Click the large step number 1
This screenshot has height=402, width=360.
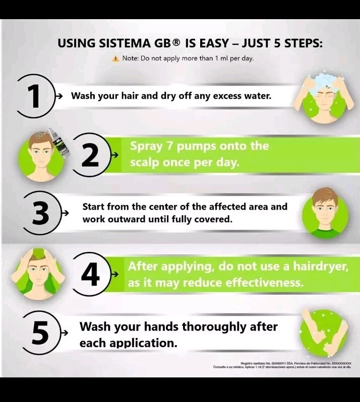[34, 96]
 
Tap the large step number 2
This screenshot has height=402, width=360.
[90, 156]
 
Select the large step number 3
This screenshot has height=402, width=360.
[40, 213]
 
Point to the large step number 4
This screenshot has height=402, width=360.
[91, 275]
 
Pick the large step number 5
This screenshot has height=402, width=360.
[40, 333]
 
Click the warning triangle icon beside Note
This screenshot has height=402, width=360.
[116, 58]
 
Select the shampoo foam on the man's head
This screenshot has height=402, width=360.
[321, 81]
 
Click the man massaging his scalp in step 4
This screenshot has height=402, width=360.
[40, 273]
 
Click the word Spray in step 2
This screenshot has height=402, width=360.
[147, 147]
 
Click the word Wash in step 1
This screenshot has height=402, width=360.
[84, 96]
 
